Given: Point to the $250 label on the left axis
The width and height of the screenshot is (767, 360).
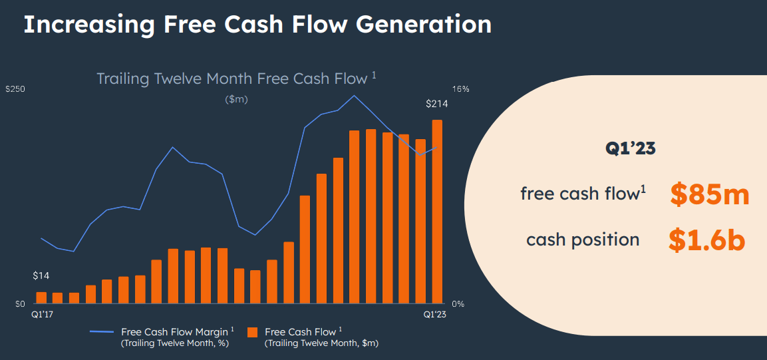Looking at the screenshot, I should (x=15, y=89).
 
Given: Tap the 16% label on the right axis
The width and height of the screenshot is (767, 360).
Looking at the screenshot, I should (x=461, y=89).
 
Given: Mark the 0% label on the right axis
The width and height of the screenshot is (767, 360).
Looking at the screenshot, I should (x=458, y=304).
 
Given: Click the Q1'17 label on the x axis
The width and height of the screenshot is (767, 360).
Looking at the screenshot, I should (x=42, y=314).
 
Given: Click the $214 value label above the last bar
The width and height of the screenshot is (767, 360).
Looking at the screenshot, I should (x=437, y=104).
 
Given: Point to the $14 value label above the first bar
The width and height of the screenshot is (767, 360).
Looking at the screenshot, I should (x=41, y=276).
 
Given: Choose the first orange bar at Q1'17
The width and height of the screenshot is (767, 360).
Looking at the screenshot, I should (x=41, y=297).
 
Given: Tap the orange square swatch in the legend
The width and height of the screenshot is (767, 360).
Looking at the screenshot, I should (x=252, y=331).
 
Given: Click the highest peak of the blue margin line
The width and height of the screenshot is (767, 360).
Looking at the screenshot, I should (x=355, y=96).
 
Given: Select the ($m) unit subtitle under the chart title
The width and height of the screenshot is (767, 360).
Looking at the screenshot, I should (x=236, y=99).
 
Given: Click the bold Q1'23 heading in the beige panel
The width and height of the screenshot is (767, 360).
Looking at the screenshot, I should (x=630, y=148).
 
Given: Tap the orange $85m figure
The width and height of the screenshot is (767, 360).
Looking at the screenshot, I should (x=710, y=194).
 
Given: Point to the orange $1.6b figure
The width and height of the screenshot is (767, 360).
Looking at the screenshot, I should (x=706, y=240).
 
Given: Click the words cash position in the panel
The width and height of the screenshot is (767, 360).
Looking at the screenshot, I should (x=583, y=240).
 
